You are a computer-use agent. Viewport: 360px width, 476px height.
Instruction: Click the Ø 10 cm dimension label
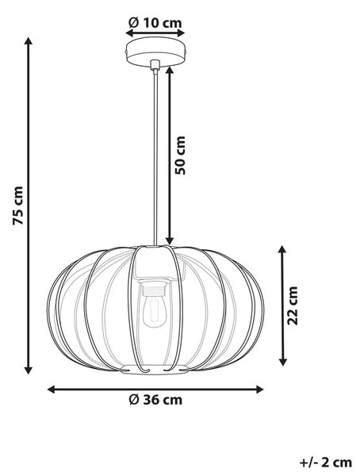pos(155,23)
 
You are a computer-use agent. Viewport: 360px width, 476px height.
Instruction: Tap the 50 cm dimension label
pos(180,155)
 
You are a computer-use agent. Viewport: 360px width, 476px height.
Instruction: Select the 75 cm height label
pos(18,205)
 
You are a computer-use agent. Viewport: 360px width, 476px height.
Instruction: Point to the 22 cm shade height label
pos(293,305)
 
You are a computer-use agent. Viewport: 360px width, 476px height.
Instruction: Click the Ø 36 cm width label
pos(155,400)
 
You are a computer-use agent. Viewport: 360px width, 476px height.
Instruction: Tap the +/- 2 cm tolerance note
pos(326,463)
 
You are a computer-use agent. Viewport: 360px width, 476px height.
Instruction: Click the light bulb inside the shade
pos(155,312)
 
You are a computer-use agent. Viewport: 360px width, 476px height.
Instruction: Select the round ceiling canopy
pos(155,52)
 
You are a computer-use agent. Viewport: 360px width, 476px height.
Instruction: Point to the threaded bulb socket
pos(155,289)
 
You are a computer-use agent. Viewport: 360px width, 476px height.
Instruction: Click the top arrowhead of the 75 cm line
pos(29,41)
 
